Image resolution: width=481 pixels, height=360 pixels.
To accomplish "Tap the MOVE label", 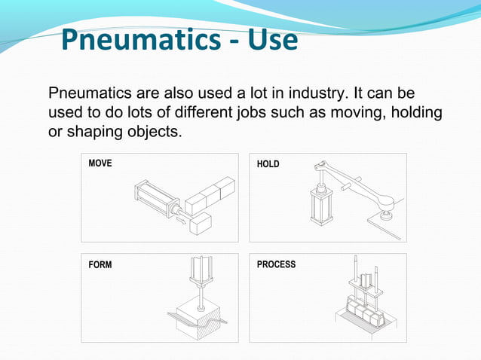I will tap(100, 163).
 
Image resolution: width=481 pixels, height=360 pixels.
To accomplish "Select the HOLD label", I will tap(268, 163).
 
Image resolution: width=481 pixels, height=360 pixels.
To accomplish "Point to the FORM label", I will tap(100, 264).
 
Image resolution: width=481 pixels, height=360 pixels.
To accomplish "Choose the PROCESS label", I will tap(276, 264).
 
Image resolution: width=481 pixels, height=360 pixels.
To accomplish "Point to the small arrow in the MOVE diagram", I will tap(181, 221).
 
